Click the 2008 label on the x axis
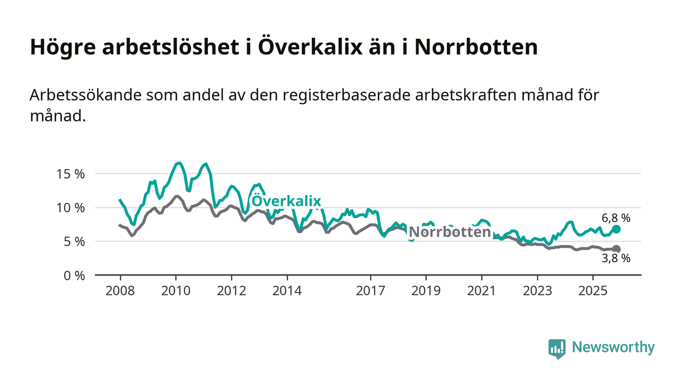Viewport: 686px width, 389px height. pos(120,291)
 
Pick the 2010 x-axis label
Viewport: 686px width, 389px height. pos(176,291)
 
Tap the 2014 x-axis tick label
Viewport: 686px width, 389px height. pos(287,291)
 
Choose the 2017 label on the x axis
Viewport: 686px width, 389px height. pos(370,291)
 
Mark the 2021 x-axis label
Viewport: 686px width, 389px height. pos(482,291)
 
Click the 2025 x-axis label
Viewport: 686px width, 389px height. pos(593,291)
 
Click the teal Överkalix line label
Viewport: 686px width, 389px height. pos(286,201)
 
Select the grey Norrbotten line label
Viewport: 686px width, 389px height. pos(449,232)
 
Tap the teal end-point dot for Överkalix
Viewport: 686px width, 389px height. pos(616,229)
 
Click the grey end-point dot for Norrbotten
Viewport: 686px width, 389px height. pos(616,249)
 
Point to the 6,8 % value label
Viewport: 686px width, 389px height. pos(616,218)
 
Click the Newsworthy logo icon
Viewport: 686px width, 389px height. pos(557,348)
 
